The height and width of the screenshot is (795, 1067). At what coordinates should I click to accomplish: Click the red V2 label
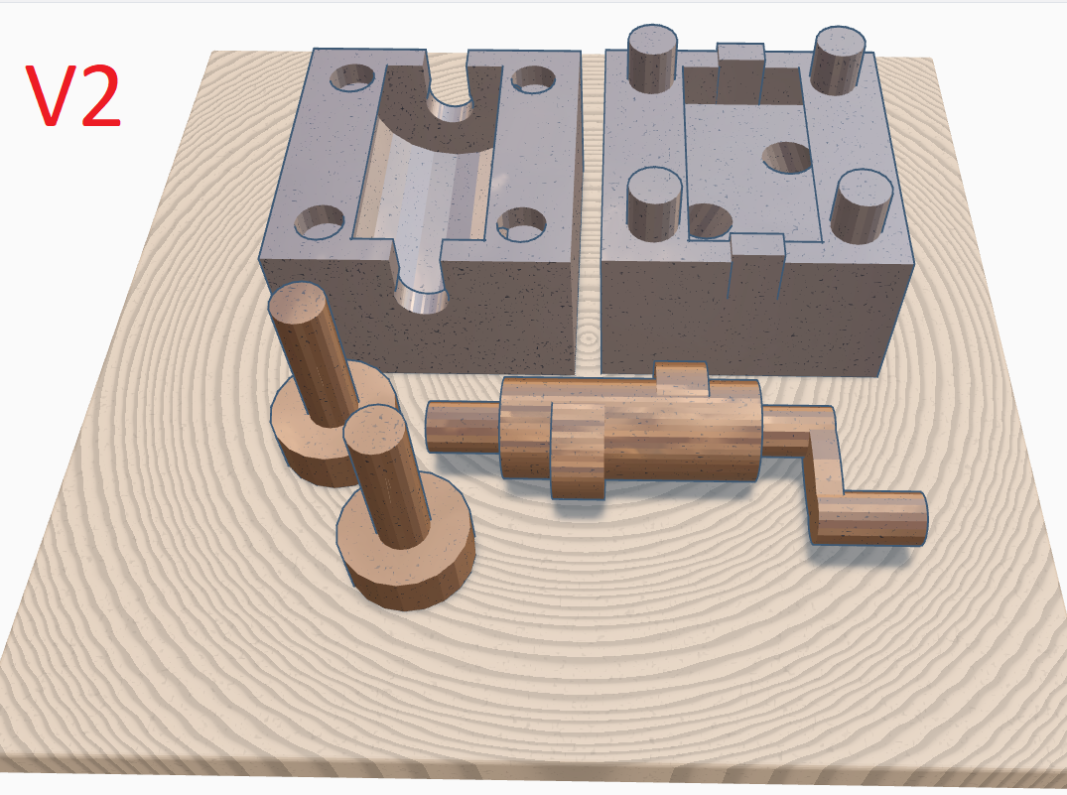[x=73, y=96]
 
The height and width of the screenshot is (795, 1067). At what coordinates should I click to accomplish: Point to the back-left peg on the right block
[x=652, y=58]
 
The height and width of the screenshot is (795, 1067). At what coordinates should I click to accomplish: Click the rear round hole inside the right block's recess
[x=787, y=156]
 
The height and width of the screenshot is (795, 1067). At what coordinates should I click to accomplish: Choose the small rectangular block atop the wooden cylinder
[x=681, y=378]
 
